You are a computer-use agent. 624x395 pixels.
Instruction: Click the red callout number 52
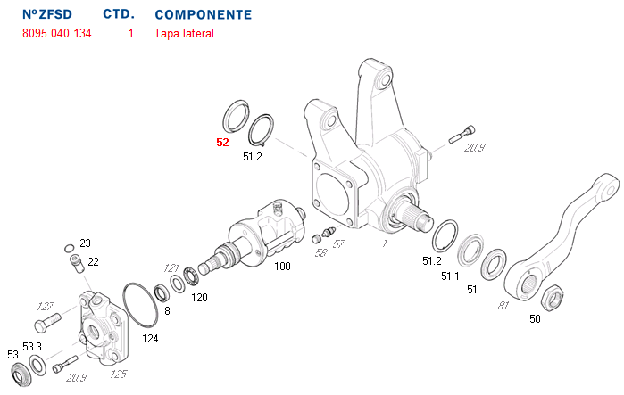pyautogui.click(x=222, y=142)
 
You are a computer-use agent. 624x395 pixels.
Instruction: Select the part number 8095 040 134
pyautogui.click(x=55, y=34)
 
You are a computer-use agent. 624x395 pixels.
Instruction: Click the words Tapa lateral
pyautogui.click(x=184, y=34)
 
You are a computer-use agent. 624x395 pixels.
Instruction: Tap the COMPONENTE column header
pyautogui.click(x=203, y=15)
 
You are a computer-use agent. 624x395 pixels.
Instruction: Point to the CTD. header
pyautogui.click(x=119, y=15)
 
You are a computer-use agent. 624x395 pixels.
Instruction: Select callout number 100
pyautogui.click(x=282, y=267)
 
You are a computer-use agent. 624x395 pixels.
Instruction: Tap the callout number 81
pyautogui.click(x=503, y=306)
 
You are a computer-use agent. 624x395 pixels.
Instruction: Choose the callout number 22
pyautogui.click(x=93, y=261)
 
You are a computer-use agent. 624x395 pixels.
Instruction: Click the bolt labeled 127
pyautogui.click(x=46, y=318)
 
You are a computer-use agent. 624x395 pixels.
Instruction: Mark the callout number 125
pyautogui.click(x=118, y=374)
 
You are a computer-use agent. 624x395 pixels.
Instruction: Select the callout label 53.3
pyautogui.click(x=32, y=346)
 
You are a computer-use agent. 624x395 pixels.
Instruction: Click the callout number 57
pyautogui.click(x=339, y=243)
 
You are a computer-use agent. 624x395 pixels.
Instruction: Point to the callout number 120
pyautogui.click(x=199, y=297)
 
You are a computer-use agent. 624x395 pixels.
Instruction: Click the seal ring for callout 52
pyautogui.click(x=235, y=116)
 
